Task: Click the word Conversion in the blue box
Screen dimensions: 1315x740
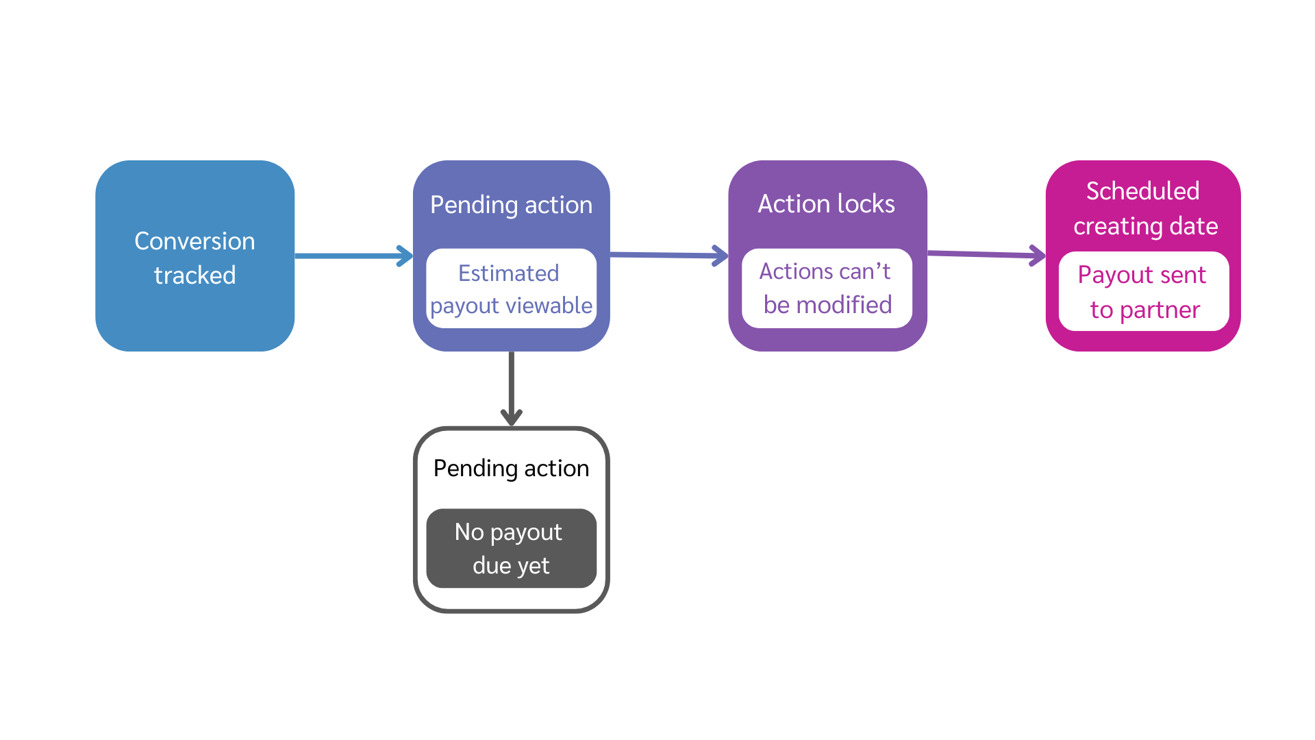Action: coord(195,241)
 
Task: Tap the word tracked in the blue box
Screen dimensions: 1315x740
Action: coord(195,275)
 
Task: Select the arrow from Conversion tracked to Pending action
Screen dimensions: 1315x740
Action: coord(354,256)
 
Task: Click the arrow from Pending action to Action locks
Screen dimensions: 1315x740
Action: coord(669,255)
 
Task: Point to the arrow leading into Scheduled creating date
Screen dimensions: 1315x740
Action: coord(986,254)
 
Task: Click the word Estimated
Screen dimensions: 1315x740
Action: coord(509,273)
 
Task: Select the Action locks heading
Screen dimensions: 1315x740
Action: coord(827,204)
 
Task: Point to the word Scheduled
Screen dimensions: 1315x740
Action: coord(1143,191)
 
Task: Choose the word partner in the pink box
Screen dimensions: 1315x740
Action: coord(1160,310)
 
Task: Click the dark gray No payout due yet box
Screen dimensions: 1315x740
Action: coord(512,548)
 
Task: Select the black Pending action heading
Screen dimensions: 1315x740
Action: coord(512,469)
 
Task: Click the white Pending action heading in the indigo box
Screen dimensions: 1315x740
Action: coord(512,206)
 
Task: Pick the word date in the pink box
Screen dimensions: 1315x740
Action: coord(1194,226)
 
